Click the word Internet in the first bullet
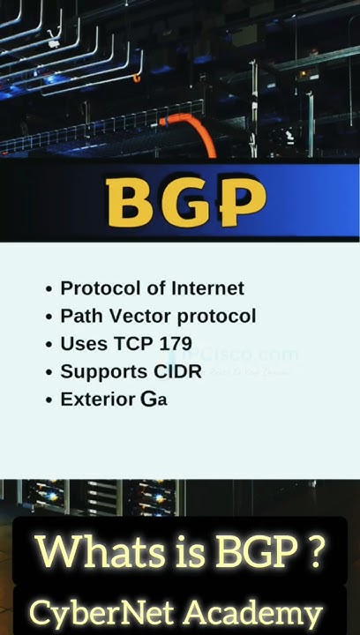pyautogui.click(x=208, y=288)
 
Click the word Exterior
pyautogui.click(x=97, y=400)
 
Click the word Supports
pyautogui.click(x=101, y=371)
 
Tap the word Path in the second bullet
pyautogui.click(x=79, y=316)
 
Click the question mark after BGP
pyautogui.click(x=312, y=552)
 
